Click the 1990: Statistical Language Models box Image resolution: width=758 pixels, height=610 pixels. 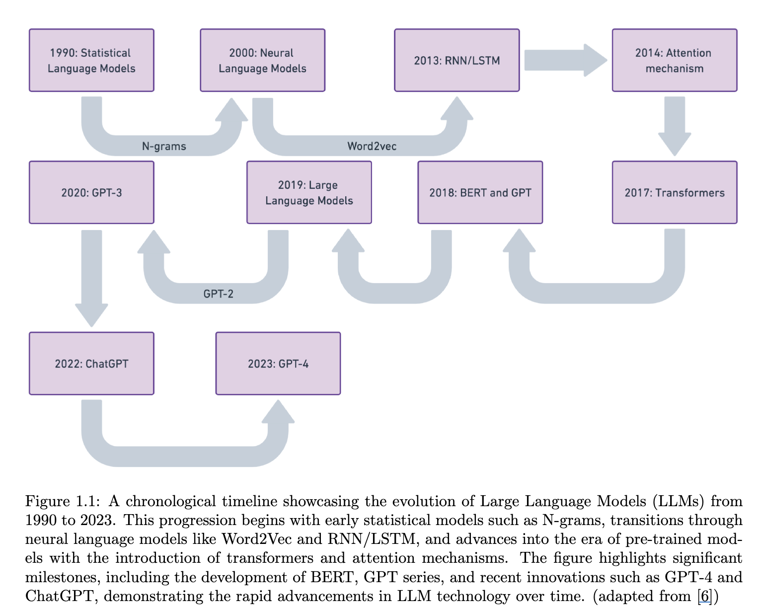click(x=91, y=60)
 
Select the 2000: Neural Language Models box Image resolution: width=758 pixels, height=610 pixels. click(x=262, y=60)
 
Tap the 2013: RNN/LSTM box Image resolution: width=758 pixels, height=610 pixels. click(x=456, y=60)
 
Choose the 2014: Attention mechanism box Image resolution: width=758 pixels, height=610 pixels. click(x=674, y=60)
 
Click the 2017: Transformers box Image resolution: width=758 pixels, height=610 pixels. click(x=674, y=192)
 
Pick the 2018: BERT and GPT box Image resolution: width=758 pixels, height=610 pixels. click(x=480, y=192)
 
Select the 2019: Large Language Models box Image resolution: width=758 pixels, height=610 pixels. click(x=309, y=192)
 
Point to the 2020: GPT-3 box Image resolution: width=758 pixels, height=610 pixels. click(x=91, y=192)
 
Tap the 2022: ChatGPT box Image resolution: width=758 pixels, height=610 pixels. click(x=91, y=364)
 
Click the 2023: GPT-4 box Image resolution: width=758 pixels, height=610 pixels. click(x=278, y=364)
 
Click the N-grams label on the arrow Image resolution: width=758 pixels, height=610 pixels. click(x=164, y=146)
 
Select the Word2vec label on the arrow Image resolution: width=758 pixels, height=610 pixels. click(x=372, y=146)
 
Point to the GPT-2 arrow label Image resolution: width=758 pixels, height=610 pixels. click(x=218, y=294)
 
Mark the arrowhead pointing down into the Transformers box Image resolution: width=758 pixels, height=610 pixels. click(x=675, y=144)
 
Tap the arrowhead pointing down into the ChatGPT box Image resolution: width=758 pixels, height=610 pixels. click(x=91, y=314)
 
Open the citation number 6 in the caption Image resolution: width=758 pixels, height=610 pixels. click(x=704, y=596)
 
